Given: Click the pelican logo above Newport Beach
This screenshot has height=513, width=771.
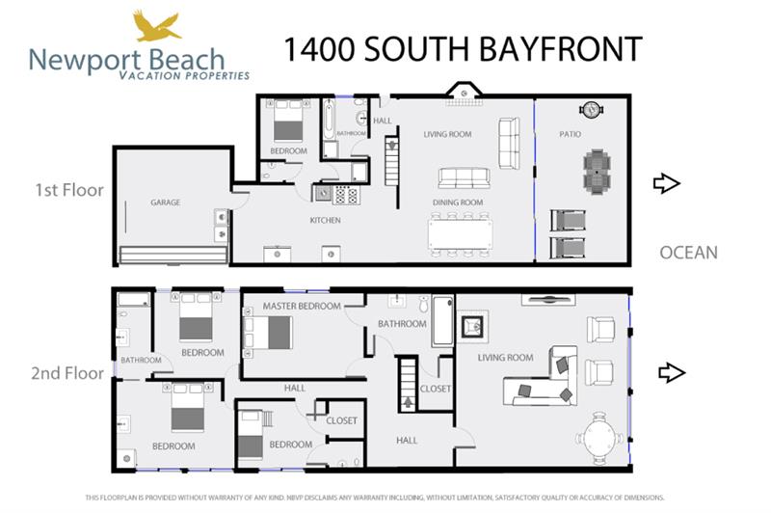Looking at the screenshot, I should pos(156,26).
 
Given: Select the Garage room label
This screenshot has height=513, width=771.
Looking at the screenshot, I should pos(166,202).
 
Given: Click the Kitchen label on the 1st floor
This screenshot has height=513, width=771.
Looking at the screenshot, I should pos(325,221).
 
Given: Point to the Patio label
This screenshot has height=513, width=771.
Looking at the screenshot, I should pos(570,134).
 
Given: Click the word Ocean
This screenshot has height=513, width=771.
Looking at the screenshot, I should pos(688,253).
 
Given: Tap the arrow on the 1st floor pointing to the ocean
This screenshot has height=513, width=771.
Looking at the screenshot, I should pos(666,183).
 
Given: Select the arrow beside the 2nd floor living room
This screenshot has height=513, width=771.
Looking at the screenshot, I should pos(671,372).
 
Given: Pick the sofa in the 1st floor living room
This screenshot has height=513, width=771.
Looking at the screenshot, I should pos(464,178).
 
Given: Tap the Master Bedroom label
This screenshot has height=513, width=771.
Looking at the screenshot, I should pos(302,306).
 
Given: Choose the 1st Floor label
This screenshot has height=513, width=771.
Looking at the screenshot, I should pos(70,190).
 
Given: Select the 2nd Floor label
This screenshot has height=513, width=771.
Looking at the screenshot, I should pos(67,373).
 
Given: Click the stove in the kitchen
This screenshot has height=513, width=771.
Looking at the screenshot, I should pos(345,194).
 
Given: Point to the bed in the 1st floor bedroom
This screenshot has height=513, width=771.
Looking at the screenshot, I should pos(288,123).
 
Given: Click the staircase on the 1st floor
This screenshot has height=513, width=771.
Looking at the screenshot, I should pos(392,161).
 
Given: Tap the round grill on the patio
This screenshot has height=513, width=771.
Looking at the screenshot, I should pos(590,110).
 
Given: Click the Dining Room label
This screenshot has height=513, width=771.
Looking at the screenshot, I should pos(458,202).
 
